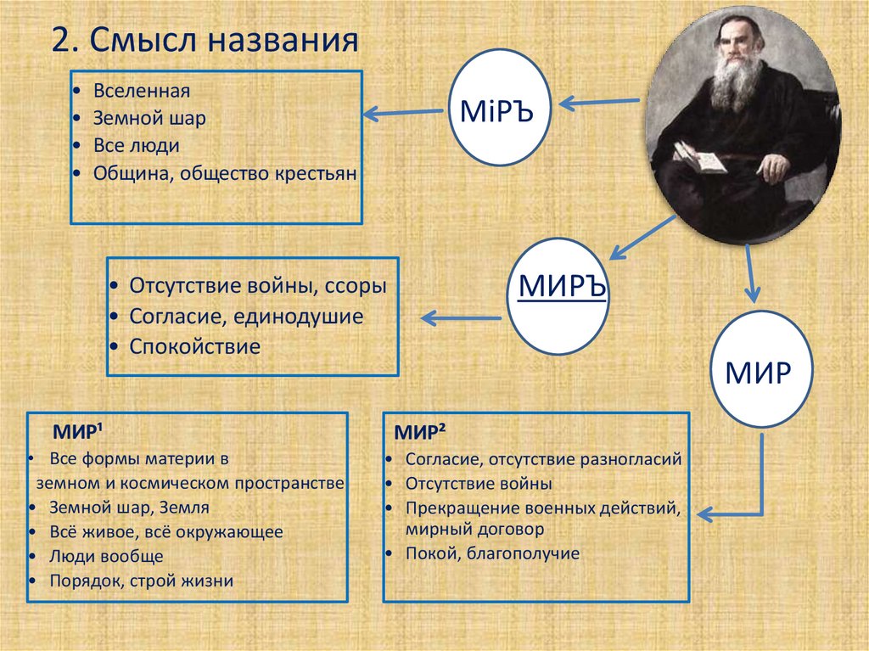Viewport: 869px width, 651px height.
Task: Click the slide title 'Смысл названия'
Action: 222,42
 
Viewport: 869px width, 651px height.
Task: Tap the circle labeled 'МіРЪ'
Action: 496,111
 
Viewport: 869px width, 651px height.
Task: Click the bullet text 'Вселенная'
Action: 142,91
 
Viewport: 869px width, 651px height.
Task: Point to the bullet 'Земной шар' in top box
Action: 149,118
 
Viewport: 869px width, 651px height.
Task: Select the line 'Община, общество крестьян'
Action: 226,172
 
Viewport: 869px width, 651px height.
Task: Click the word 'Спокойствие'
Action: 195,346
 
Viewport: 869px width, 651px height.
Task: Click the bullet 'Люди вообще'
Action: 106,557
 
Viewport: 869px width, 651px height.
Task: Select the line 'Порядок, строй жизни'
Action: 141,581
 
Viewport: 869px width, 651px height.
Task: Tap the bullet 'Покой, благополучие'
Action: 492,553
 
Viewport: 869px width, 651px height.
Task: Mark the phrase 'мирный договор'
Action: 474,528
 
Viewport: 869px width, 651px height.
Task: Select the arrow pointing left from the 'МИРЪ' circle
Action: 461,318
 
